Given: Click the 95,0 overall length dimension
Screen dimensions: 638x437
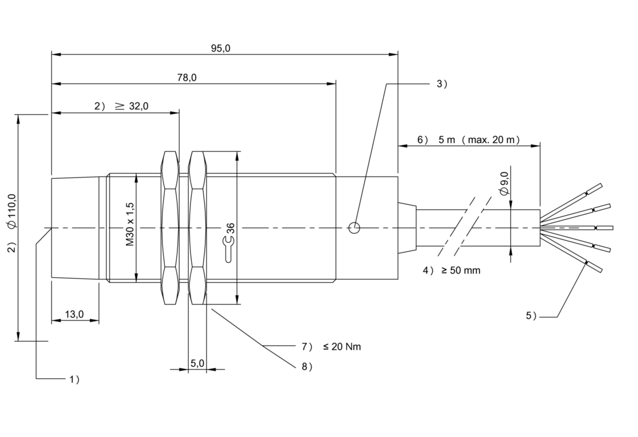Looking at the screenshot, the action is coord(221,49).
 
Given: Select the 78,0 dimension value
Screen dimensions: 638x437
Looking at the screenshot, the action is coord(187,78).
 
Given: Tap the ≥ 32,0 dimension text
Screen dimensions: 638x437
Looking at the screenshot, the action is coord(132,106).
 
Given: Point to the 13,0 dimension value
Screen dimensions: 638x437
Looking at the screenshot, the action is coord(74,315).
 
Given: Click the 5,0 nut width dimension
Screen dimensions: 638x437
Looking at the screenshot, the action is coord(197,363).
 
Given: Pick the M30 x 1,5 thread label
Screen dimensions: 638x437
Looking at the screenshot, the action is coord(129,224).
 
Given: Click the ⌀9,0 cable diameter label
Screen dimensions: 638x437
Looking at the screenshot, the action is coord(504,183).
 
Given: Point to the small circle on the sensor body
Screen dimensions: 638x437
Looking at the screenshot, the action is coord(354,228).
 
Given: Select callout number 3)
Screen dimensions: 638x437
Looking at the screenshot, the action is coord(442,84).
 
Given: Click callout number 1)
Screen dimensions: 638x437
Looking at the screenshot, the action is coord(74,379).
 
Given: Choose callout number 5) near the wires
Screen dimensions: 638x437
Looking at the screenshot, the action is coord(531,316).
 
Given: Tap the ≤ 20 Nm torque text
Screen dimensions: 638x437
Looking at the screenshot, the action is coord(342,346).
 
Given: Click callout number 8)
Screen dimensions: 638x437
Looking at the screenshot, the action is coord(307,367).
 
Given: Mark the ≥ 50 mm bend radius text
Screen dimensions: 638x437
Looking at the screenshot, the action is coord(461,270).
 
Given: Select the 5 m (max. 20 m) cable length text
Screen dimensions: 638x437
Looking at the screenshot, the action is coord(479,140).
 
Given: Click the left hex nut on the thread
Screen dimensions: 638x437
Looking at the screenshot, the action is coord(170,228).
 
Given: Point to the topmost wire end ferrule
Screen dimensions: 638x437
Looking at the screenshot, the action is coord(595,189).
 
